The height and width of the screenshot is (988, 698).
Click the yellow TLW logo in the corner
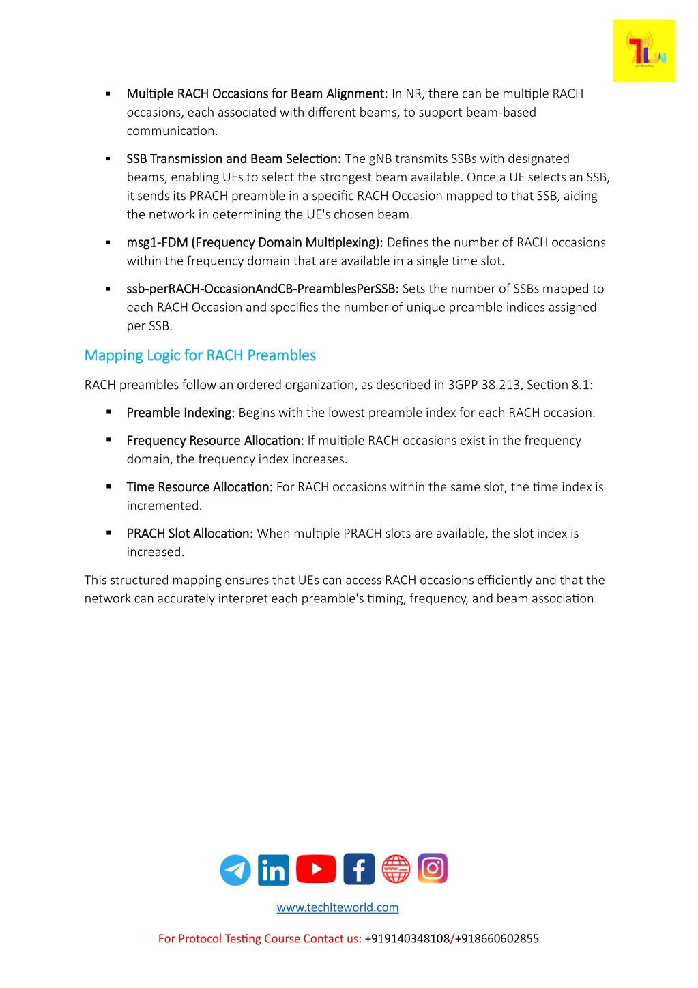click(x=643, y=51)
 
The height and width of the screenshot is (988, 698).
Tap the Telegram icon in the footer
click(x=235, y=870)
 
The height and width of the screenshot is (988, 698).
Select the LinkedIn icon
click(x=274, y=870)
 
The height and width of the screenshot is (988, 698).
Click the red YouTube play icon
click(x=316, y=869)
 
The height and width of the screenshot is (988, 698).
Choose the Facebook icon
click(x=359, y=869)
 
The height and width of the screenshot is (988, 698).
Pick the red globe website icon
click(x=396, y=869)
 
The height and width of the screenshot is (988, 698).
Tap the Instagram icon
click(x=433, y=869)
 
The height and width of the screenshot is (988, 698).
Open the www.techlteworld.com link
click(x=338, y=907)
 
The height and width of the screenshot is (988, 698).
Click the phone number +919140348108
click(x=407, y=939)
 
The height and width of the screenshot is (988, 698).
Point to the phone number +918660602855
click(x=497, y=939)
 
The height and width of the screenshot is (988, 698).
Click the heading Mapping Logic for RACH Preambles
click(x=200, y=355)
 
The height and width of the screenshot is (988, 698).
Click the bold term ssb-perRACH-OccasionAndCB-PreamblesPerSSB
click(x=263, y=289)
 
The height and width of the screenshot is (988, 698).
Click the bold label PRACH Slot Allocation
click(x=190, y=534)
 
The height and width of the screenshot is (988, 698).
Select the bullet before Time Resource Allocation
click(x=108, y=486)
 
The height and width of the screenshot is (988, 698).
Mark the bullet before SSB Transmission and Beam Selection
click(x=108, y=159)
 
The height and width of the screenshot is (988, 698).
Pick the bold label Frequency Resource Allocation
click(x=215, y=441)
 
